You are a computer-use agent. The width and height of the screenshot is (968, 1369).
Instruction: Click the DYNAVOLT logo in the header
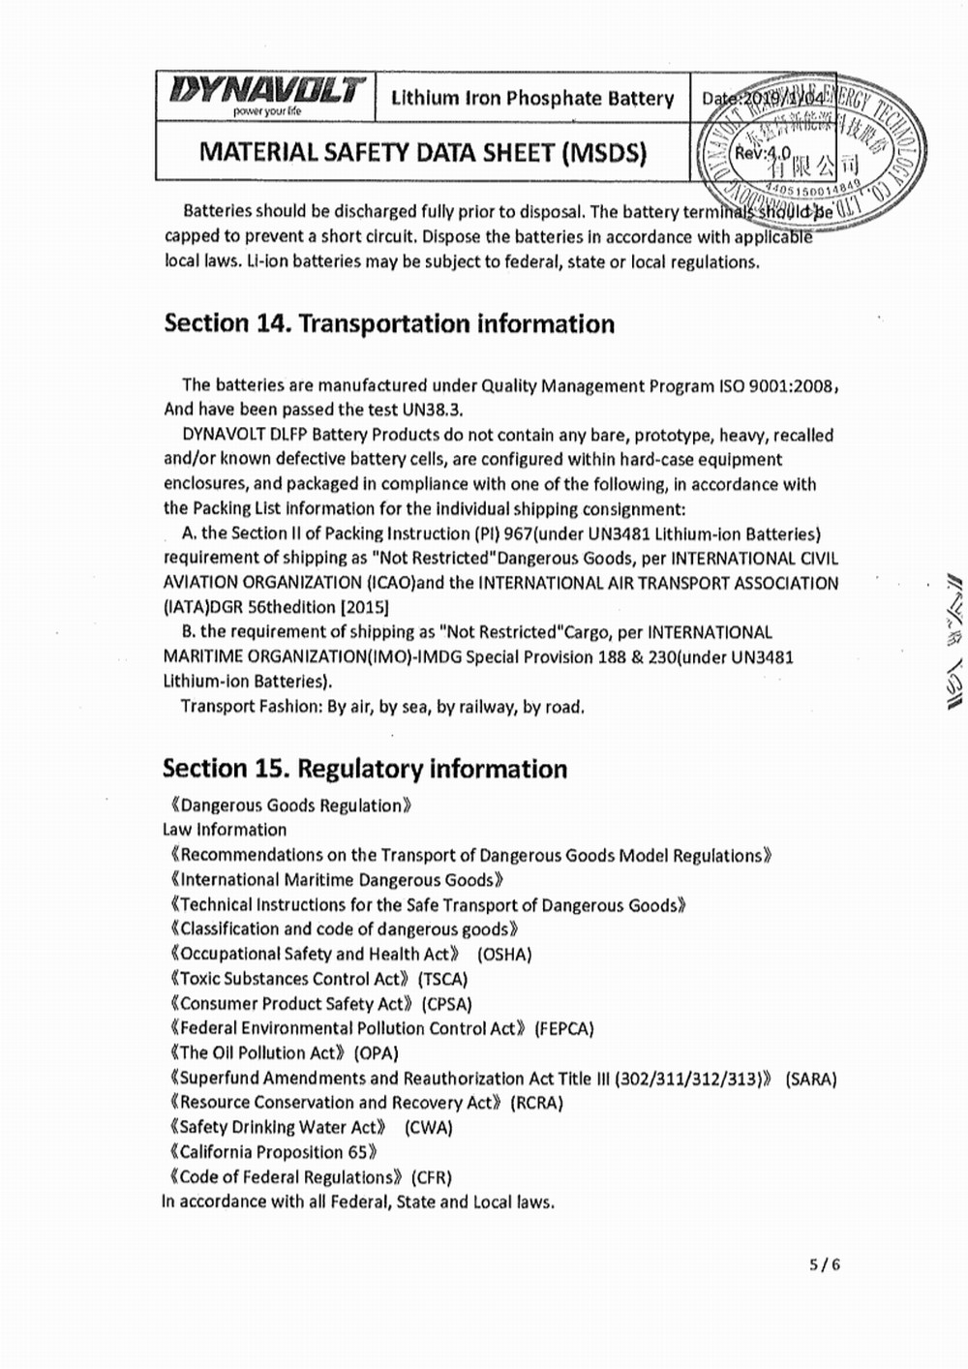click(x=266, y=94)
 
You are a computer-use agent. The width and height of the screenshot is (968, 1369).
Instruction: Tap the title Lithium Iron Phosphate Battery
click(x=532, y=98)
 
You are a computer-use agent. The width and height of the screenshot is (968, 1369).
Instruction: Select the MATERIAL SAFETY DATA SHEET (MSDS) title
click(x=422, y=152)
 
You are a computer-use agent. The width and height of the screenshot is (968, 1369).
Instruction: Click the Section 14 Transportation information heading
click(x=389, y=323)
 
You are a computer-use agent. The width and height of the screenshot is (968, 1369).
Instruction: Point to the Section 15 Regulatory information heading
click(x=365, y=769)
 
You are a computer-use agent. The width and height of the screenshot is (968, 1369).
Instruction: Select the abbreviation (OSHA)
click(x=504, y=955)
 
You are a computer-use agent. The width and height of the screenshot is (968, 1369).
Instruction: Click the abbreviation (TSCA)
click(x=443, y=979)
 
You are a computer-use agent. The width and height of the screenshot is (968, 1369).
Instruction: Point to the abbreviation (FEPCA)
click(x=564, y=1028)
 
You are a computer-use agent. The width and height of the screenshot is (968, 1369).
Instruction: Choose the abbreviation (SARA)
click(x=811, y=1079)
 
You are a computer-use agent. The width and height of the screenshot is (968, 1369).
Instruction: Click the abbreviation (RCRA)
click(x=536, y=1103)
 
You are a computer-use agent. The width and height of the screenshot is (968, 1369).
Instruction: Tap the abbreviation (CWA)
click(x=429, y=1128)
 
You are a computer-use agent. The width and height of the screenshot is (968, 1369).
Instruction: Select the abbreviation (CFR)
click(x=432, y=1177)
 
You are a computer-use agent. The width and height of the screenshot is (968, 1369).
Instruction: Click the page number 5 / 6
click(x=825, y=1263)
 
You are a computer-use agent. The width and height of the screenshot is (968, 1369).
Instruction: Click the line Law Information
click(x=225, y=830)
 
